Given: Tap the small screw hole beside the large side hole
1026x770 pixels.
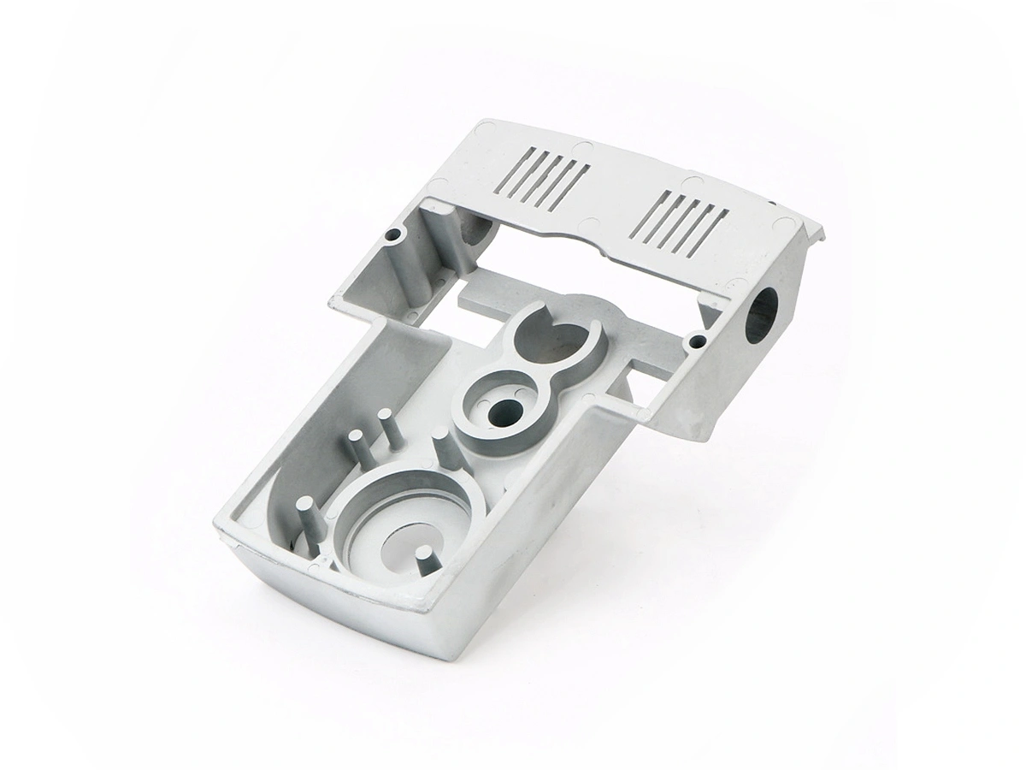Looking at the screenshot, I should point(699,341).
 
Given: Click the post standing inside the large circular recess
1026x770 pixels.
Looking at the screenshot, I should point(423,565).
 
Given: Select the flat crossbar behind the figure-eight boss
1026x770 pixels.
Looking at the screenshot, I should point(487,295).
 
